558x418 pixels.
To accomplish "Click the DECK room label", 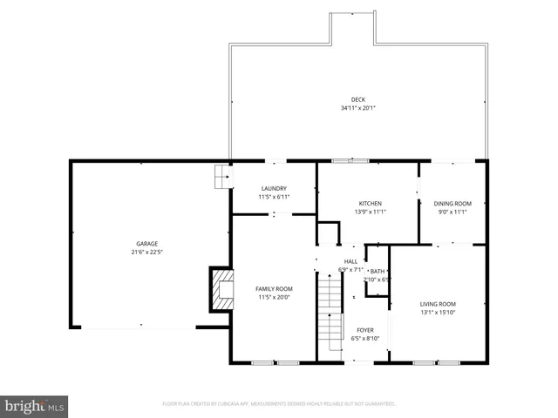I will pyautogui.click(x=357, y=99).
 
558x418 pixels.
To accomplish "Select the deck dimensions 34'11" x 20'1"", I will pyautogui.click(x=357, y=109).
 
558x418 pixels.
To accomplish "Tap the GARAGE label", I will pyautogui.click(x=146, y=244).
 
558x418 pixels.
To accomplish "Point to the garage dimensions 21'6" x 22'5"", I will pyautogui.click(x=146, y=253).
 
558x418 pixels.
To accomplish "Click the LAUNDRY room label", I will pyautogui.click(x=274, y=188).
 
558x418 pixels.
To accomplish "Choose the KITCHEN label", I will pyautogui.click(x=370, y=203).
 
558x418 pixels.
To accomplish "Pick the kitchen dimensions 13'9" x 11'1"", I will pyautogui.click(x=370, y=212).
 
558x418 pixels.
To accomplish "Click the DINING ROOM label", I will pyautogui.click(x=452, y=203).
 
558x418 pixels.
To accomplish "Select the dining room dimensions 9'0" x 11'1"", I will pyautogui.click(x=452, y=212).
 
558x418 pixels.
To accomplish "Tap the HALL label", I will pyautogui.click(x=350, y=261).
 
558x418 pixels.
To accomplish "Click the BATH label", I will pyautogui.click(x=378, y=271).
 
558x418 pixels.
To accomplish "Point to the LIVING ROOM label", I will pyautogui.click(x=438, y=304).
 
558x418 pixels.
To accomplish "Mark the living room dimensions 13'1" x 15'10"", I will pyautogui.click(x=438, y=313).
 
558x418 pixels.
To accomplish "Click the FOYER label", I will pyautogui.click(x=364, y=330).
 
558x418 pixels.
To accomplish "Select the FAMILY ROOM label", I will pyautogui.click(x=274, y=288).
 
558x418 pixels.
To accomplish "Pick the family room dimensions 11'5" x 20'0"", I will pyautogui.click(x=274, y=297).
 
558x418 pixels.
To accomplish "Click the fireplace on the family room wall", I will pyautogui.click(x=221, y=289).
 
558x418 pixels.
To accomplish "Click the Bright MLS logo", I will pyautogui.click(x=35, y=406).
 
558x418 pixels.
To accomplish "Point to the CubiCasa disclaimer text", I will pyautogui.click(x=279, y=404).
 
